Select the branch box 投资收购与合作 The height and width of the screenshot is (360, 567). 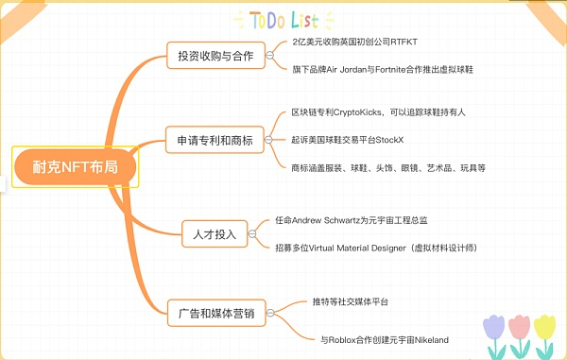click(x=215, y=56)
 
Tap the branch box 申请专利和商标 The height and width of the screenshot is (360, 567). click(x=215, y=140)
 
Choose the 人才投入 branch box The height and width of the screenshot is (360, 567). click(x=215, y=231)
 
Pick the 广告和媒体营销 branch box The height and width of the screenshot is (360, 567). click(x=215, y=309)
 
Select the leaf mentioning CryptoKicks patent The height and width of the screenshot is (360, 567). click(x=378, y=112)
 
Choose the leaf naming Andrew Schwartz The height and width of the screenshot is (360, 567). click(x=351, y=219)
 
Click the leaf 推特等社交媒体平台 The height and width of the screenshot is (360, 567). click(x=351, y=300)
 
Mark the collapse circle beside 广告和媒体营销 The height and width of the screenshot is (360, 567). click(x=272, y=310)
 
